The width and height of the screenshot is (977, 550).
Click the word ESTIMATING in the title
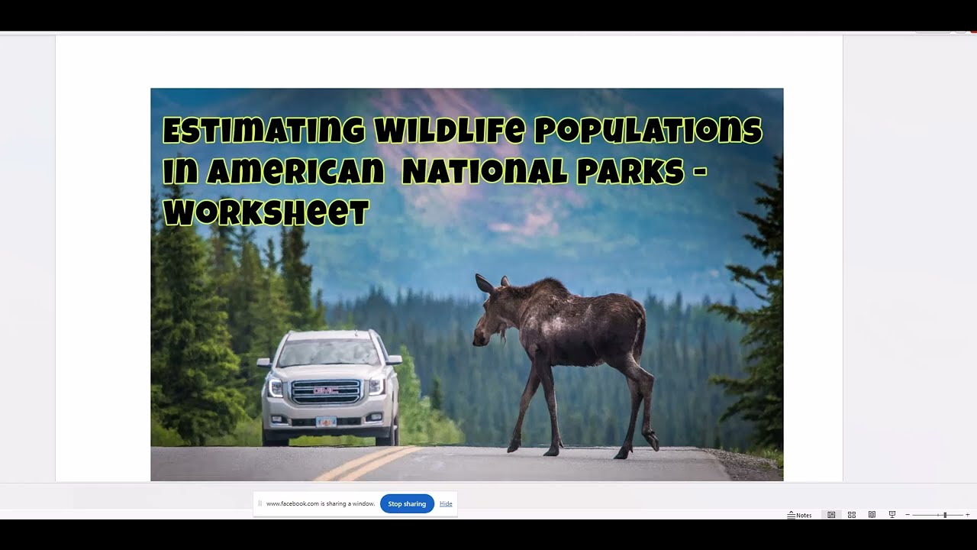(263, 131)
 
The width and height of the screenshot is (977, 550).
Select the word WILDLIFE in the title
(449, 131)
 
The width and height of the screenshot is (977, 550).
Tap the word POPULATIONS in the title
(647, 131)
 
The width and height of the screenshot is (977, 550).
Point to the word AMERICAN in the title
(295, 172)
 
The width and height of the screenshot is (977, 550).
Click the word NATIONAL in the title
(485, 172)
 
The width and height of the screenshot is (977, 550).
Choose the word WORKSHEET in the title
(266, 213)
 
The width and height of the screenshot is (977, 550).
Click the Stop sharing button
(407, 504)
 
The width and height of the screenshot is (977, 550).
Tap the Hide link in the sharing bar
(446, 504)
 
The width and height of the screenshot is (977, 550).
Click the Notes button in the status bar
(800, 515)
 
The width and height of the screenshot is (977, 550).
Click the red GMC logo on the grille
(326, 391)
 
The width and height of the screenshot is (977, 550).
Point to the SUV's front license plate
(326, 421)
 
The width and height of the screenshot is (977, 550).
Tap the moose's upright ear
(484, 284)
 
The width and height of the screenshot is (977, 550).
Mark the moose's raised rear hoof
(653, 442)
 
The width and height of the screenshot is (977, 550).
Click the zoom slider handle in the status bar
(945, 515)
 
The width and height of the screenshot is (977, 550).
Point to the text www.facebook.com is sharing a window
(321, 504)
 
